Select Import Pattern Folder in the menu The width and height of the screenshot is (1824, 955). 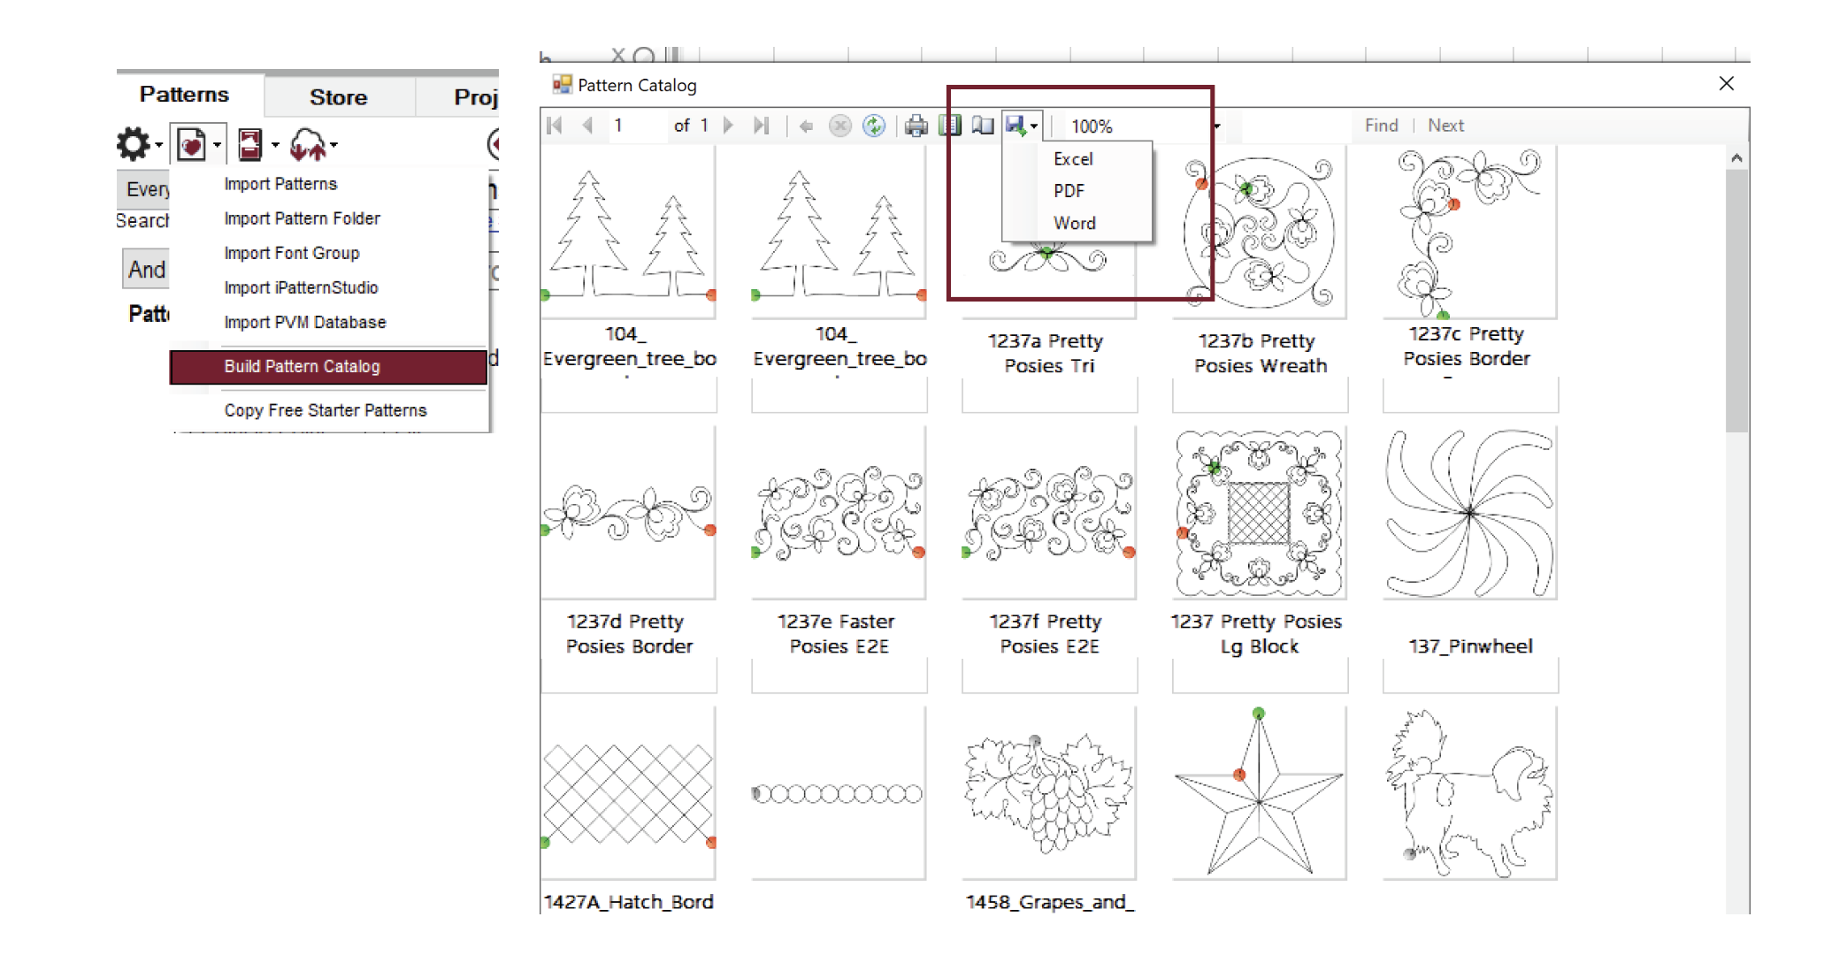click(302, 218)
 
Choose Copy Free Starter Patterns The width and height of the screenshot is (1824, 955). click(325, 410)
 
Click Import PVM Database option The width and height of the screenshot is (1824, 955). click(304, 323)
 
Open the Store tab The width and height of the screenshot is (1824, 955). click(338, 97)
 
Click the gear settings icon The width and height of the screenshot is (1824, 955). click(134, 144)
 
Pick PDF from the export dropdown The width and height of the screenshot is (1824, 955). click(1069, 191)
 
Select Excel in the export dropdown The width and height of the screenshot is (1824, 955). click(1073, 159)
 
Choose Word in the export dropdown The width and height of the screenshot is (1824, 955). click(1074, 224)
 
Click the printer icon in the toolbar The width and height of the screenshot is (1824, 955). click(916, 126)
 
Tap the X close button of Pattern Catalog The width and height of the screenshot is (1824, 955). click(1726, 84)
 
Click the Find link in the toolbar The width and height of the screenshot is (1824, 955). click(1381, 126)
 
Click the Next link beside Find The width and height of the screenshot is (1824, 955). click(1445, 126)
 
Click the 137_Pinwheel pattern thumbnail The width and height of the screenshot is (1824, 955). click(1469, 513)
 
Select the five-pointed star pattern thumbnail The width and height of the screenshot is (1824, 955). click(1259, 793)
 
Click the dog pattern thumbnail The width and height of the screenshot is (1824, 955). click(1469, 793)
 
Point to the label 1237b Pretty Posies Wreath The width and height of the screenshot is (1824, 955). click(1260, 354)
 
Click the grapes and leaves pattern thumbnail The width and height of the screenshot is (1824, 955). click(1048, 793)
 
